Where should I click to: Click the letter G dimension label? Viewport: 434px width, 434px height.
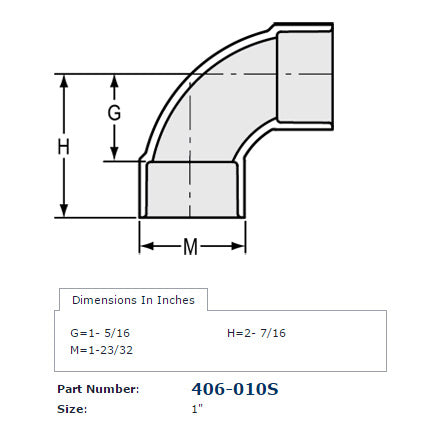[114, 113]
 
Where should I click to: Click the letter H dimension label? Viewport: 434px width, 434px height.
[64, 146]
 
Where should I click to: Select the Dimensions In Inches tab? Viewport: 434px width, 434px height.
[133, 299]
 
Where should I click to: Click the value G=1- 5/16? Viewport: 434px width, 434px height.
[98, 332]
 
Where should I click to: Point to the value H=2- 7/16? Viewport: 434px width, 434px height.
[257, 332]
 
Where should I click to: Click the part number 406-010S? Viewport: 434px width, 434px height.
[233, 388]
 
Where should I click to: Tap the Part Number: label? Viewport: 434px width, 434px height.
[98, 389]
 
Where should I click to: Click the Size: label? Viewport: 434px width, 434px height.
[73, 409]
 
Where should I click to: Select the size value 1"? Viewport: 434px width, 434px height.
[196, 409]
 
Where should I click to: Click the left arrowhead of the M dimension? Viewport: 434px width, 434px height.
[143, 244]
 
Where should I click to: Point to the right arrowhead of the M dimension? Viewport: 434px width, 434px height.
[241, 244]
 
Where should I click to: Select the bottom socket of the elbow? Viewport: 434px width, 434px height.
[192, 190]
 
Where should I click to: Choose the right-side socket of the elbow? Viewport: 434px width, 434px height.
[303, 75]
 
